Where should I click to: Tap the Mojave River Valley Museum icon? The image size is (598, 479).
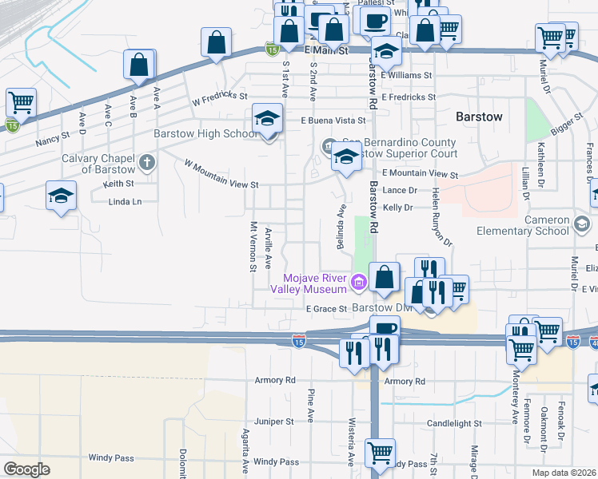358,280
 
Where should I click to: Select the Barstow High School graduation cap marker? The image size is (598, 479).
267,120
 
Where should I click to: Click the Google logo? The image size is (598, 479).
26,469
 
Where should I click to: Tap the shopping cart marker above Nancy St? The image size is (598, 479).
20,102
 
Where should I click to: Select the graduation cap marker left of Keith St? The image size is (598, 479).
61,196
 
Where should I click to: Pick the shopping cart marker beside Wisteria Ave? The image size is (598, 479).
380,453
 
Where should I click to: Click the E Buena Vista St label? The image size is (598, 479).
333,121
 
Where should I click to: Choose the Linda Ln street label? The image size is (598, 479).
124,202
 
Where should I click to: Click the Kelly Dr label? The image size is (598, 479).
397,208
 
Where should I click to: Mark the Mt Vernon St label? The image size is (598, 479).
253,247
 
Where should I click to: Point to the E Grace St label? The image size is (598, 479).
327,309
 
